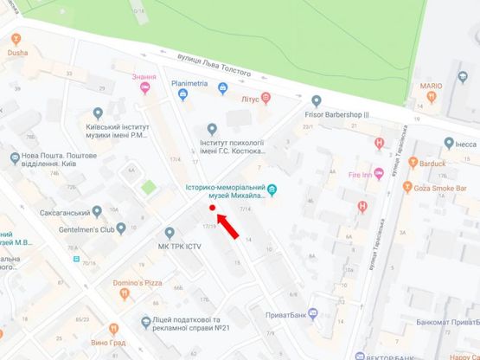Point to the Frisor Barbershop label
point(336,113)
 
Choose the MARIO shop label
point(431,87)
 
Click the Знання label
point(144,76)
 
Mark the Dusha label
point(17,52)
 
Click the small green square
point(148,185)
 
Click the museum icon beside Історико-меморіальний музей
point(272,189)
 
